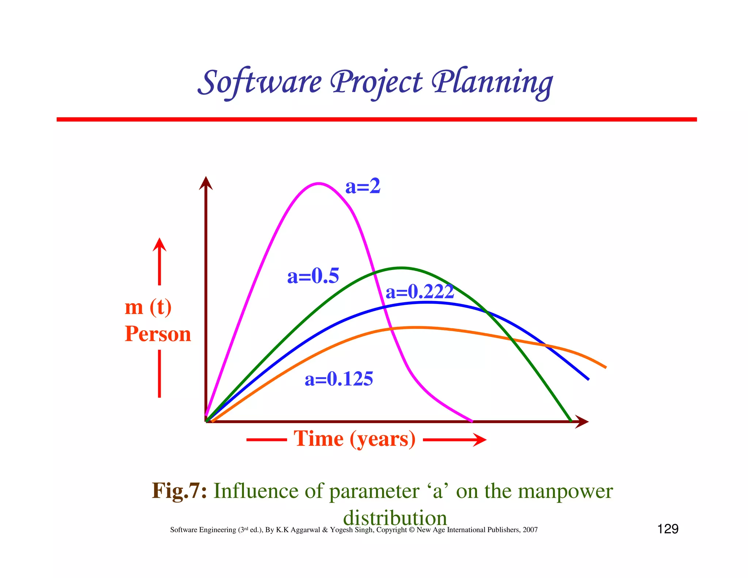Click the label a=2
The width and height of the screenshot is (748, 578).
(x=363, y=186)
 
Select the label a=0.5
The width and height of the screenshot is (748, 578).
(x=313, y=276)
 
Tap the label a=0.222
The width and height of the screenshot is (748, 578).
(x=420, y=292)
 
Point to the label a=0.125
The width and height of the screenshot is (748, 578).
(x=339, y=379)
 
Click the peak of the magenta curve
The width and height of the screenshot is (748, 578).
(x=318, y=183)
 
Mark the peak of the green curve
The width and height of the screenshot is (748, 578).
(x=401, y=268)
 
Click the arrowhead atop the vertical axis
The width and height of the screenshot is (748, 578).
(x=206, y=183)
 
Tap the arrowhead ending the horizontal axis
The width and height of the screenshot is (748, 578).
(x=582, y=422)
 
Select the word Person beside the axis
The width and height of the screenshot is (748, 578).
(x=158, y=334)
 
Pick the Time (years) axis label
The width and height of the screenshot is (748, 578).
(x=355, y=439)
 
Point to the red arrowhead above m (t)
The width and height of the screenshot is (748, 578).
(x=159, y=244)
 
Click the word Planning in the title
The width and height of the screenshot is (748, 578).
(x=492, y=83)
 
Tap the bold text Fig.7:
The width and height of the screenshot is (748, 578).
(x=179, y=490)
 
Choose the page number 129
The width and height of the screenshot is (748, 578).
(x=668, y=529)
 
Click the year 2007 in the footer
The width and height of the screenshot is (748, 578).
(x=530, y=530)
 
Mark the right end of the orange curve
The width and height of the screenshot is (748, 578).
(x=605, y=367)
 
